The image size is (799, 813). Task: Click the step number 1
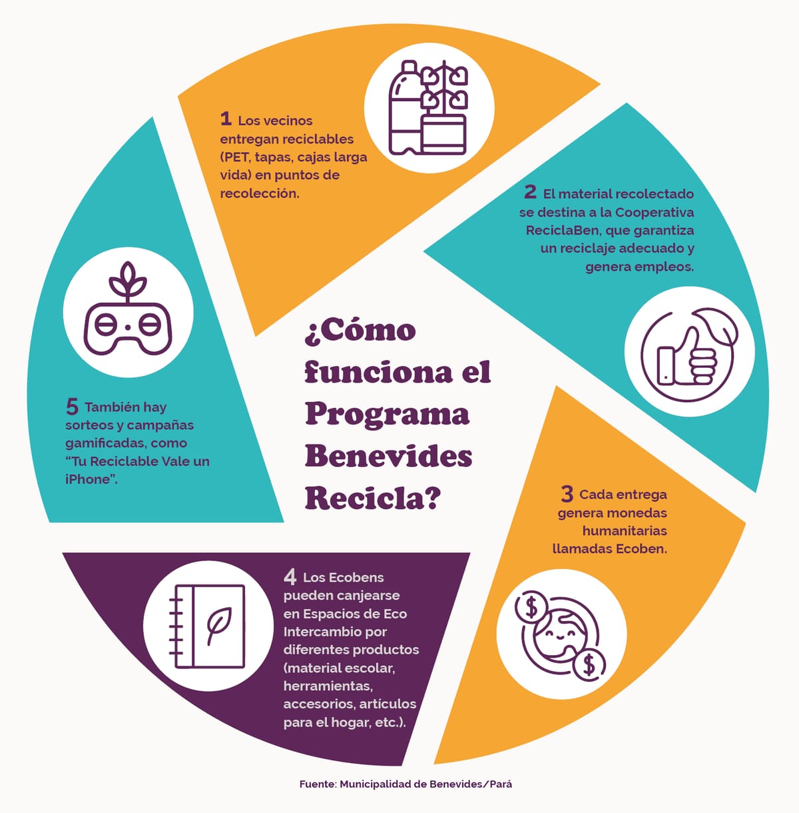coord(226,119)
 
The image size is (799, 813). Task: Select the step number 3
coord(567,494)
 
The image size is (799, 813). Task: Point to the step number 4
coord(290,576)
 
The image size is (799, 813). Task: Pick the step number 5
coord(72,406)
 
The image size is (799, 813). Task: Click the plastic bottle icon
coord(405,108)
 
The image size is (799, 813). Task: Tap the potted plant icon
coord(445,108)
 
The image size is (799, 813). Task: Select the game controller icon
coord(128,329)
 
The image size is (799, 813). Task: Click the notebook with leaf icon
coord(208,626)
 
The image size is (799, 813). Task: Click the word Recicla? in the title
coord(373,498)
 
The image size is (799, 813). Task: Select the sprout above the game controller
coord(128,281)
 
